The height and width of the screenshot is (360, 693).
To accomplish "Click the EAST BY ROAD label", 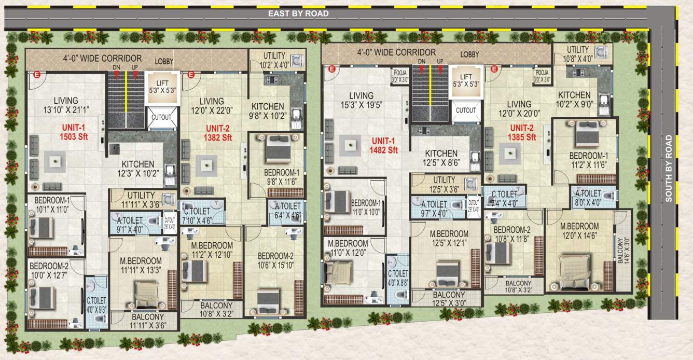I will click(298, 13).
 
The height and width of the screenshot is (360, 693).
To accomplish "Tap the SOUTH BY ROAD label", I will click(669, 168).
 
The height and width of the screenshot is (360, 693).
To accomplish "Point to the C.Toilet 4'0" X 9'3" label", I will click(96, 304).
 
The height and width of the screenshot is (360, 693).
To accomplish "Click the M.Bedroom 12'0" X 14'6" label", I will click(579, 230).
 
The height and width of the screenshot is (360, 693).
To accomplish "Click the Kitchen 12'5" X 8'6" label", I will click(441, 158).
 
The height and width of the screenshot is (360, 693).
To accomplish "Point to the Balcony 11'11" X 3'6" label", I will click(147, 321).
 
